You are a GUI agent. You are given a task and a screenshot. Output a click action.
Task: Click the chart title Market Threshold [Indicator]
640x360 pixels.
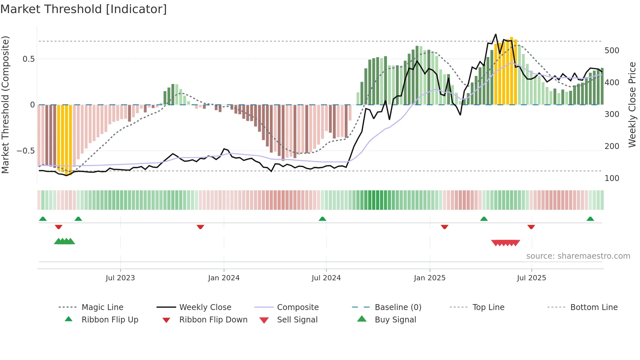[84, 9]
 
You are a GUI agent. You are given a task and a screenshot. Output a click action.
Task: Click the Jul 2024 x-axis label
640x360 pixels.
[326, 278]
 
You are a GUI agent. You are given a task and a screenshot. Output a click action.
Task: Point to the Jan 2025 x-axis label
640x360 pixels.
[429, 278]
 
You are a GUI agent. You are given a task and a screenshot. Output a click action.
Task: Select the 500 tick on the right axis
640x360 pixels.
[612, 51]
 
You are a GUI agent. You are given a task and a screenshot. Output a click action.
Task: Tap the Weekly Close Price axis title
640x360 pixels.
[632, 105]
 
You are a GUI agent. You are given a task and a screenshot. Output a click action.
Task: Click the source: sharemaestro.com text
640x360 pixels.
[578, 256]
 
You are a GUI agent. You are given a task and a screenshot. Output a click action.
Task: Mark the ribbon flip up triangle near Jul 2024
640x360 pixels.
[322, 219]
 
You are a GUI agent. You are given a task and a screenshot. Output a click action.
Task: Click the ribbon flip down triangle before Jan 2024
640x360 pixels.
[200, 227]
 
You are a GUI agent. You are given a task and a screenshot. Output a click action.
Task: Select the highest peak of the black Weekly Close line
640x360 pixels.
[495, 34]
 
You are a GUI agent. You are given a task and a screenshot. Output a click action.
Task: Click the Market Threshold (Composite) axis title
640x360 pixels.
[5, 105]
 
